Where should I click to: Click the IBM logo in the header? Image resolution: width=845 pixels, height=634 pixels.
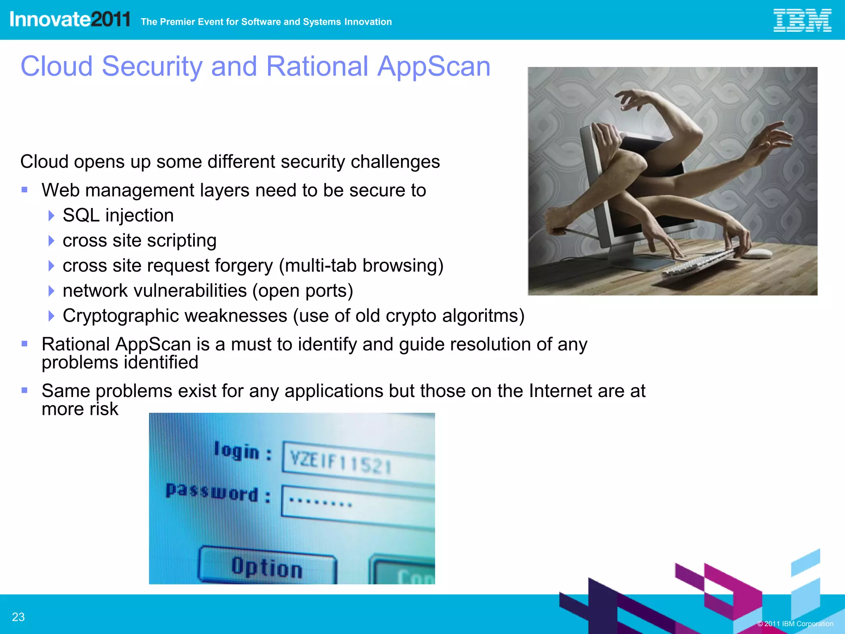(x=802, y=20)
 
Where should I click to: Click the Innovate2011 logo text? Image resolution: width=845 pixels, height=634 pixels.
(x=70, y=19)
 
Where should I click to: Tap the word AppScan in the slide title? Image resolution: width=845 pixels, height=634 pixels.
(x=434, y=66)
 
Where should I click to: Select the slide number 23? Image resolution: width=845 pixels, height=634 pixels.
(x=18, y=617)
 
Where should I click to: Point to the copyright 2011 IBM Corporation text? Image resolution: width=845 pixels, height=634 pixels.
(x=795, y=624)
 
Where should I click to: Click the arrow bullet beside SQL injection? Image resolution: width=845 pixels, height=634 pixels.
(x=51, y=215)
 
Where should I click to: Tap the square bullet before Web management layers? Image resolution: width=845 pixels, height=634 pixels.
(x=25, y=190)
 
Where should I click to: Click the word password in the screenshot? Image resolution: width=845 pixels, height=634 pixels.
(x=212, y=492)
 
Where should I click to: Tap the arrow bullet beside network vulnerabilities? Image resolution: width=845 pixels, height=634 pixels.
(x=51, y=291)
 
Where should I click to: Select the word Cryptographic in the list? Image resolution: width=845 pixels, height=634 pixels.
(x=175, y=316)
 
